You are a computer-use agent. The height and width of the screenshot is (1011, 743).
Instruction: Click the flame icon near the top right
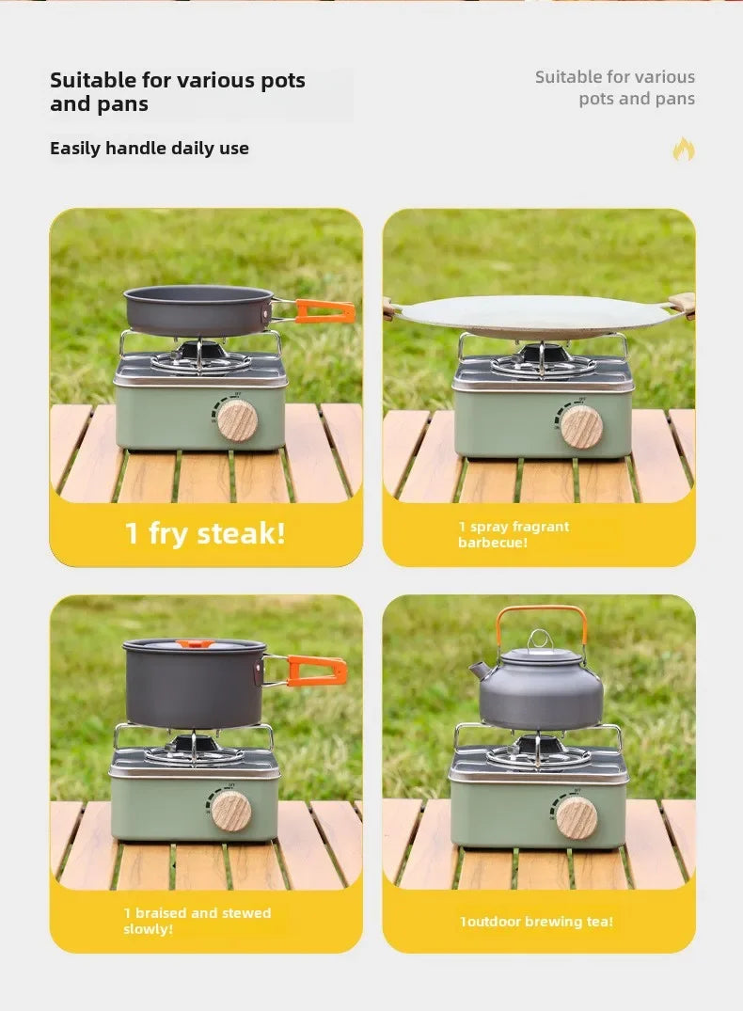coord(684,150)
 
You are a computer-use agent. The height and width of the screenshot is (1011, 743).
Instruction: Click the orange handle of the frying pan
coord(324,310)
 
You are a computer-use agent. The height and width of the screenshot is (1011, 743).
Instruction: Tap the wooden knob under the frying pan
coord(237,420)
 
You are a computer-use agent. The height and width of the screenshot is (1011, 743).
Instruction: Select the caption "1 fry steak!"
coord(205,533)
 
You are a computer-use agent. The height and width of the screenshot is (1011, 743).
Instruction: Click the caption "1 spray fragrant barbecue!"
coord(514,534)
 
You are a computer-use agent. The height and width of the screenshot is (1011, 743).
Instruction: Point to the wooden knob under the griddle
coord(582,426)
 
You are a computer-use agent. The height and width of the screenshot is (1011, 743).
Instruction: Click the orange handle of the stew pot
coord(316,671)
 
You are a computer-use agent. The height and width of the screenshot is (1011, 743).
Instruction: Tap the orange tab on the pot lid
coord(195,644)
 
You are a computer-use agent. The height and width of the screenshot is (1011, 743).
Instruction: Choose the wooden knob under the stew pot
coord(231,811)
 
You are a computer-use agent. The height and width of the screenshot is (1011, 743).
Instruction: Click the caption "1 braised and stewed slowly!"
coord(197,921)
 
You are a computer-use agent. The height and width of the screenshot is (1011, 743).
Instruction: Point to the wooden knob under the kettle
coord(576,817)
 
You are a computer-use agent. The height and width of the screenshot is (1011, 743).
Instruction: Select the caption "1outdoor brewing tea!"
coord(536,922)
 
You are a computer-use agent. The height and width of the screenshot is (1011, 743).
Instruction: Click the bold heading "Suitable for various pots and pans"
coord(178,92)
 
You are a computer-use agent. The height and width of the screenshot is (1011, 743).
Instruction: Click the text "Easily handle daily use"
coord(150,149)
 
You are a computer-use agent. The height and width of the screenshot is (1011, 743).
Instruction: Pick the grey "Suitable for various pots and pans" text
coord(615,87)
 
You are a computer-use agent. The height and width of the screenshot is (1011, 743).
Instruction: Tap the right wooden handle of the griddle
coord(683,304)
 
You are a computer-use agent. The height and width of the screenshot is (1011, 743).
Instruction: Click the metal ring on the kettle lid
coord(538,640)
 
